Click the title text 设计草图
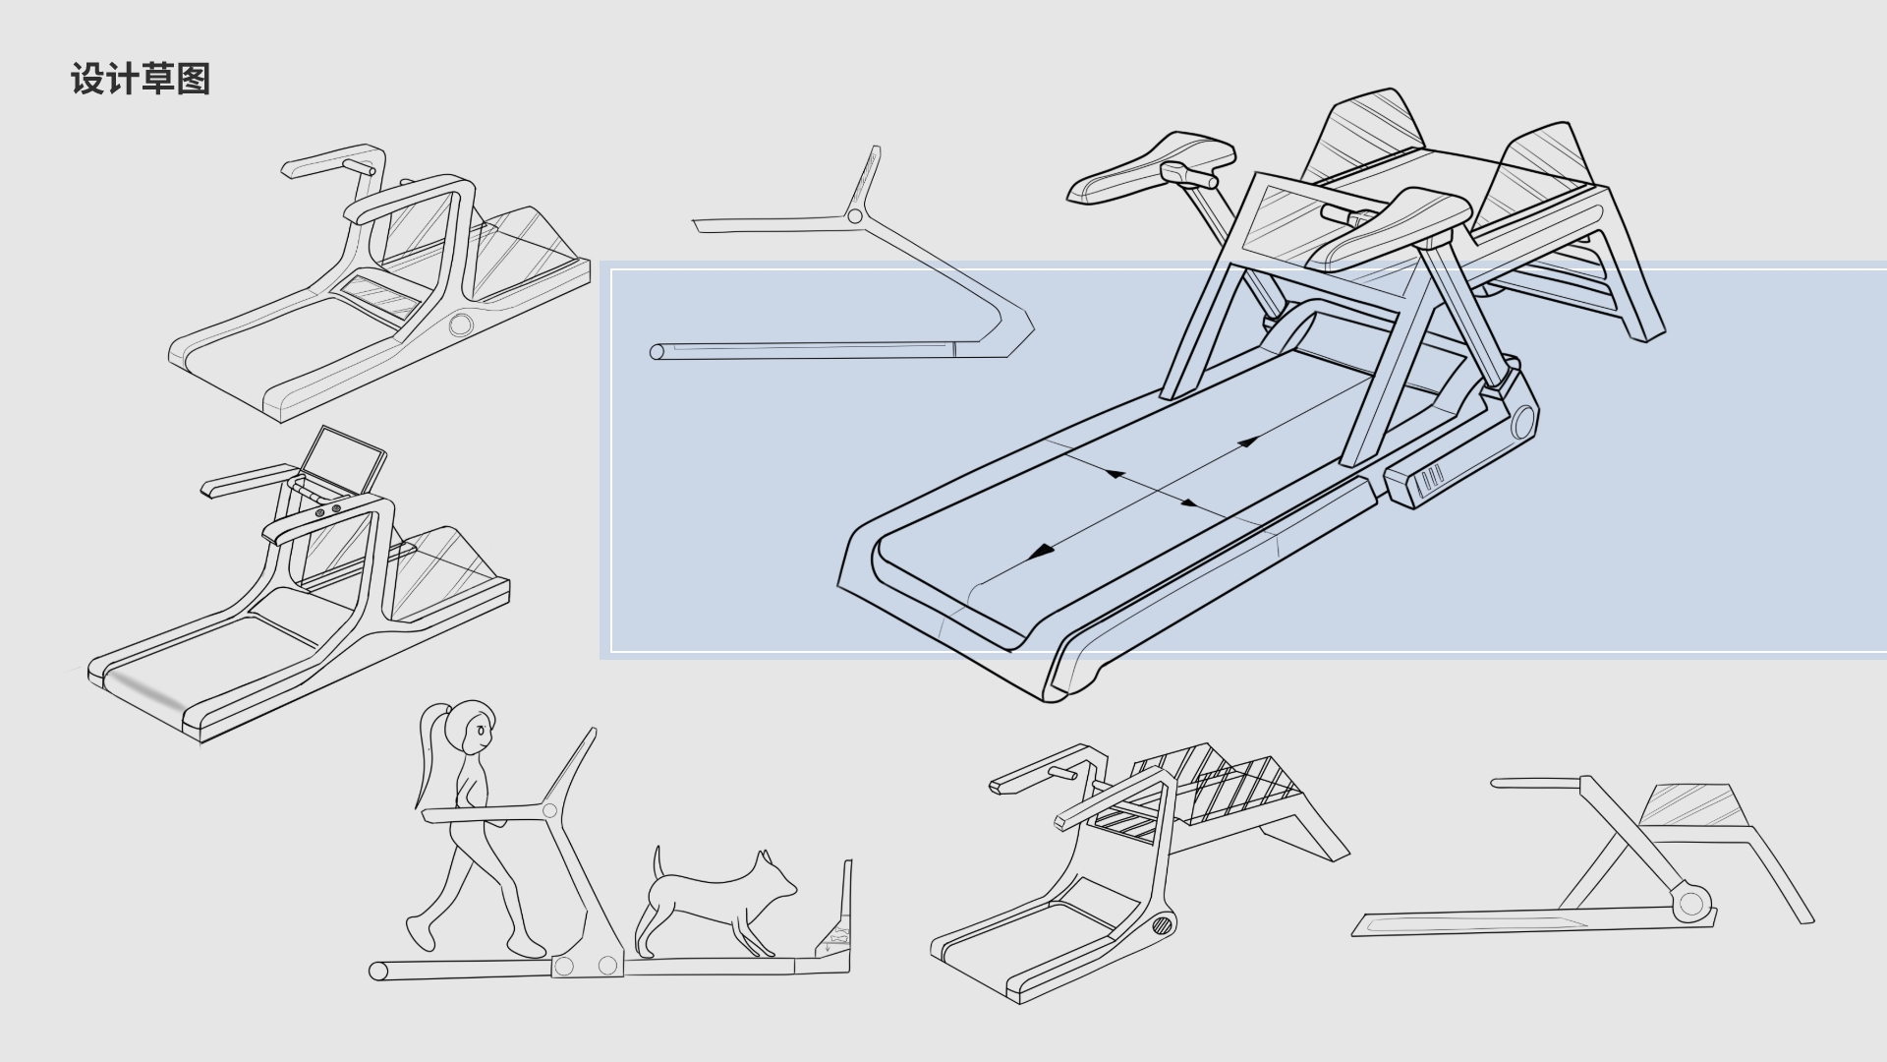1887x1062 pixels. point(141,79)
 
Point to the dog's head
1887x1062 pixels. point(776,877)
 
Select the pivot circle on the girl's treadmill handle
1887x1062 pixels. point(549,811)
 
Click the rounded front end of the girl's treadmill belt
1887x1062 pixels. point(378,972)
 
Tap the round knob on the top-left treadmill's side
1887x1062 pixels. point(460,324)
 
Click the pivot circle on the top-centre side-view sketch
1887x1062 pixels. point(854,215)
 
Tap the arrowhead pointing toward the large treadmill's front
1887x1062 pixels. point(1040,552)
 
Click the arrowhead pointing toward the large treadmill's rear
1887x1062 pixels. point(1248,442)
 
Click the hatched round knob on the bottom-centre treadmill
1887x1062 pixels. point(1164,924)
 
